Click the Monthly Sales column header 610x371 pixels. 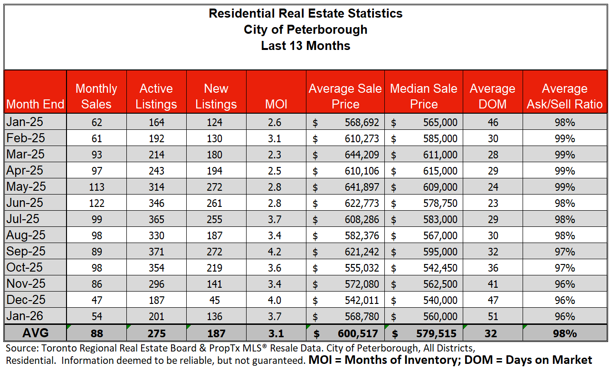(96, 96)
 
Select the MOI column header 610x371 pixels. (276, 104)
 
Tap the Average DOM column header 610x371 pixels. (492, 96)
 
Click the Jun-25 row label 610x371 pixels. (25, 203)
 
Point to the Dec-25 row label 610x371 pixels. (26, 300)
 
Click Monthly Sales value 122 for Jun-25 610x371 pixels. (96, 203)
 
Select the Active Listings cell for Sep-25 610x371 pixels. (156, 252)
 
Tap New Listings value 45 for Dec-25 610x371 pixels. (216, 300)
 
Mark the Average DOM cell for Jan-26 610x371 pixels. (493, 316)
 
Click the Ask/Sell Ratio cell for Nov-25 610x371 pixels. (564, 284)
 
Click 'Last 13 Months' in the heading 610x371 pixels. (305, 46)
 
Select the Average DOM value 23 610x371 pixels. (493, 203)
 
